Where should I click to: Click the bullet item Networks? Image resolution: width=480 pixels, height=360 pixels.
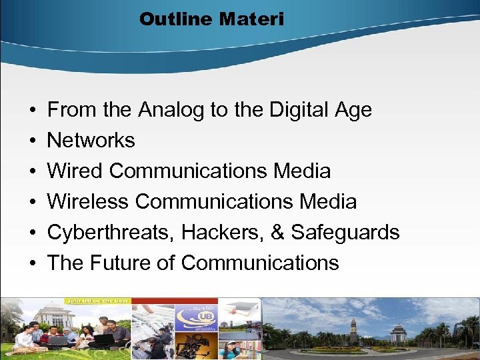[x=91, y=141]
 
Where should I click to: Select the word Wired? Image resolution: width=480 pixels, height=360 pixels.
[x=75, y=171]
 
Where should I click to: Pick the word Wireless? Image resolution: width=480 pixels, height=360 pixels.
[x=86, y=201]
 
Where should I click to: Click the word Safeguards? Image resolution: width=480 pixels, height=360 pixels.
[x=345, y=232]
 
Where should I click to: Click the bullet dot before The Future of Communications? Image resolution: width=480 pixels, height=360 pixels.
[x=33, y=263]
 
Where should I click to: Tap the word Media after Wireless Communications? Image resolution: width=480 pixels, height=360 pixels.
[x=328, y=201]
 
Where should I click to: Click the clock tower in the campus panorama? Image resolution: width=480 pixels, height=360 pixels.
[x=353, y=329]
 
